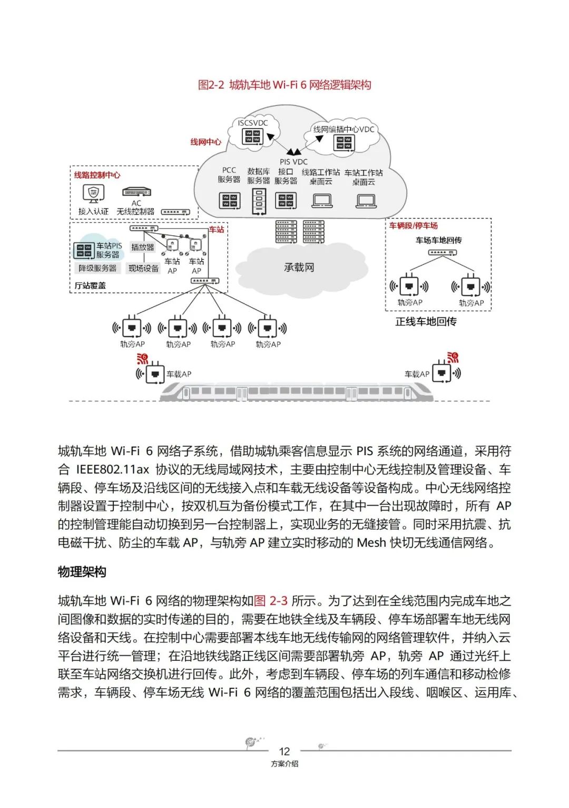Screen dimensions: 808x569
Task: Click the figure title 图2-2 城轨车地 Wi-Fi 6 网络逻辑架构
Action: pyautogui.click(x=284, y=85)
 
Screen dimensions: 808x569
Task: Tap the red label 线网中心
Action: pyautogui.click(x=205, y=142)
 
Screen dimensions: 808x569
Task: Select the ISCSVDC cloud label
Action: pyautogui.click(x=252, y=123)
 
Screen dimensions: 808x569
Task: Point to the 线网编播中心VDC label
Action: pyautogui.click(x=344, y=129)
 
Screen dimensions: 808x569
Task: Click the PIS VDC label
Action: pyautogui.click(x=293, y=162)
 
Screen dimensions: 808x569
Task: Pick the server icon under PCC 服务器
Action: pyautogui.click(x=229, y=200)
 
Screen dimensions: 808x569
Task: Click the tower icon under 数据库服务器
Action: pyautogui.click(x=258, y=201)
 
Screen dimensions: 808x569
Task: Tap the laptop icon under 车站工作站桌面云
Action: pyautogui.click(x=366, y=201)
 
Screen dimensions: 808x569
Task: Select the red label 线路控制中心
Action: pyautogui.click(x=97, y=175)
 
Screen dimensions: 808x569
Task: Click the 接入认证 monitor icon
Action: pyautogui.click(x=93, y=193)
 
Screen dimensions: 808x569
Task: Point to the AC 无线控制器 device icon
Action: pyautogui.click(x=136, y=192)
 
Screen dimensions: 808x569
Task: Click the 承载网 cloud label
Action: pyautogui.click(x=299, y=267)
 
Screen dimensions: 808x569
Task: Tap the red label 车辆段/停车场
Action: pyautogui.click(x=414, y=226)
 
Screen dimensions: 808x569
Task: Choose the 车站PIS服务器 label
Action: pyautogui.click(x=109, y=250)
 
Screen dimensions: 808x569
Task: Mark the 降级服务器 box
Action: pyautogui.click(x=97, y=268)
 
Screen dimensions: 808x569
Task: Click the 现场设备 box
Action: pyautogui.click(x=143, y=268)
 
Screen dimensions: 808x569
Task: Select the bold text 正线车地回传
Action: pyautogui.click(x=426, y=321)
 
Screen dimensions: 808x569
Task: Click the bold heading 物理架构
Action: pyautogui.click(x=82, y=572)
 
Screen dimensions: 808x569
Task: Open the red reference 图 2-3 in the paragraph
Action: pyautogui.click(x=271, y=601)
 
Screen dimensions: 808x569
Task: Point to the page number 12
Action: pyautogui.click(x=284, y=751)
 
